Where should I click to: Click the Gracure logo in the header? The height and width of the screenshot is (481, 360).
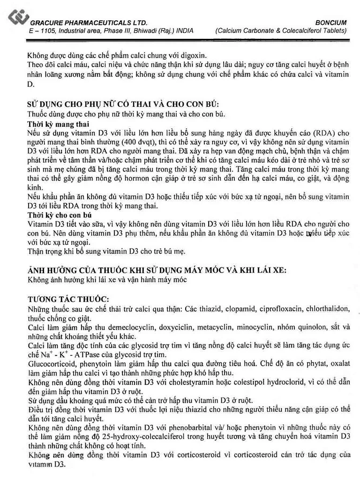(18, 18)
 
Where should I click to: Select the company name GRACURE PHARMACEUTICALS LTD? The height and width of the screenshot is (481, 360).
(89, 23)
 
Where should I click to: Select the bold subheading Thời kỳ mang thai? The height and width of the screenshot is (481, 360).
(58, 124)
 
